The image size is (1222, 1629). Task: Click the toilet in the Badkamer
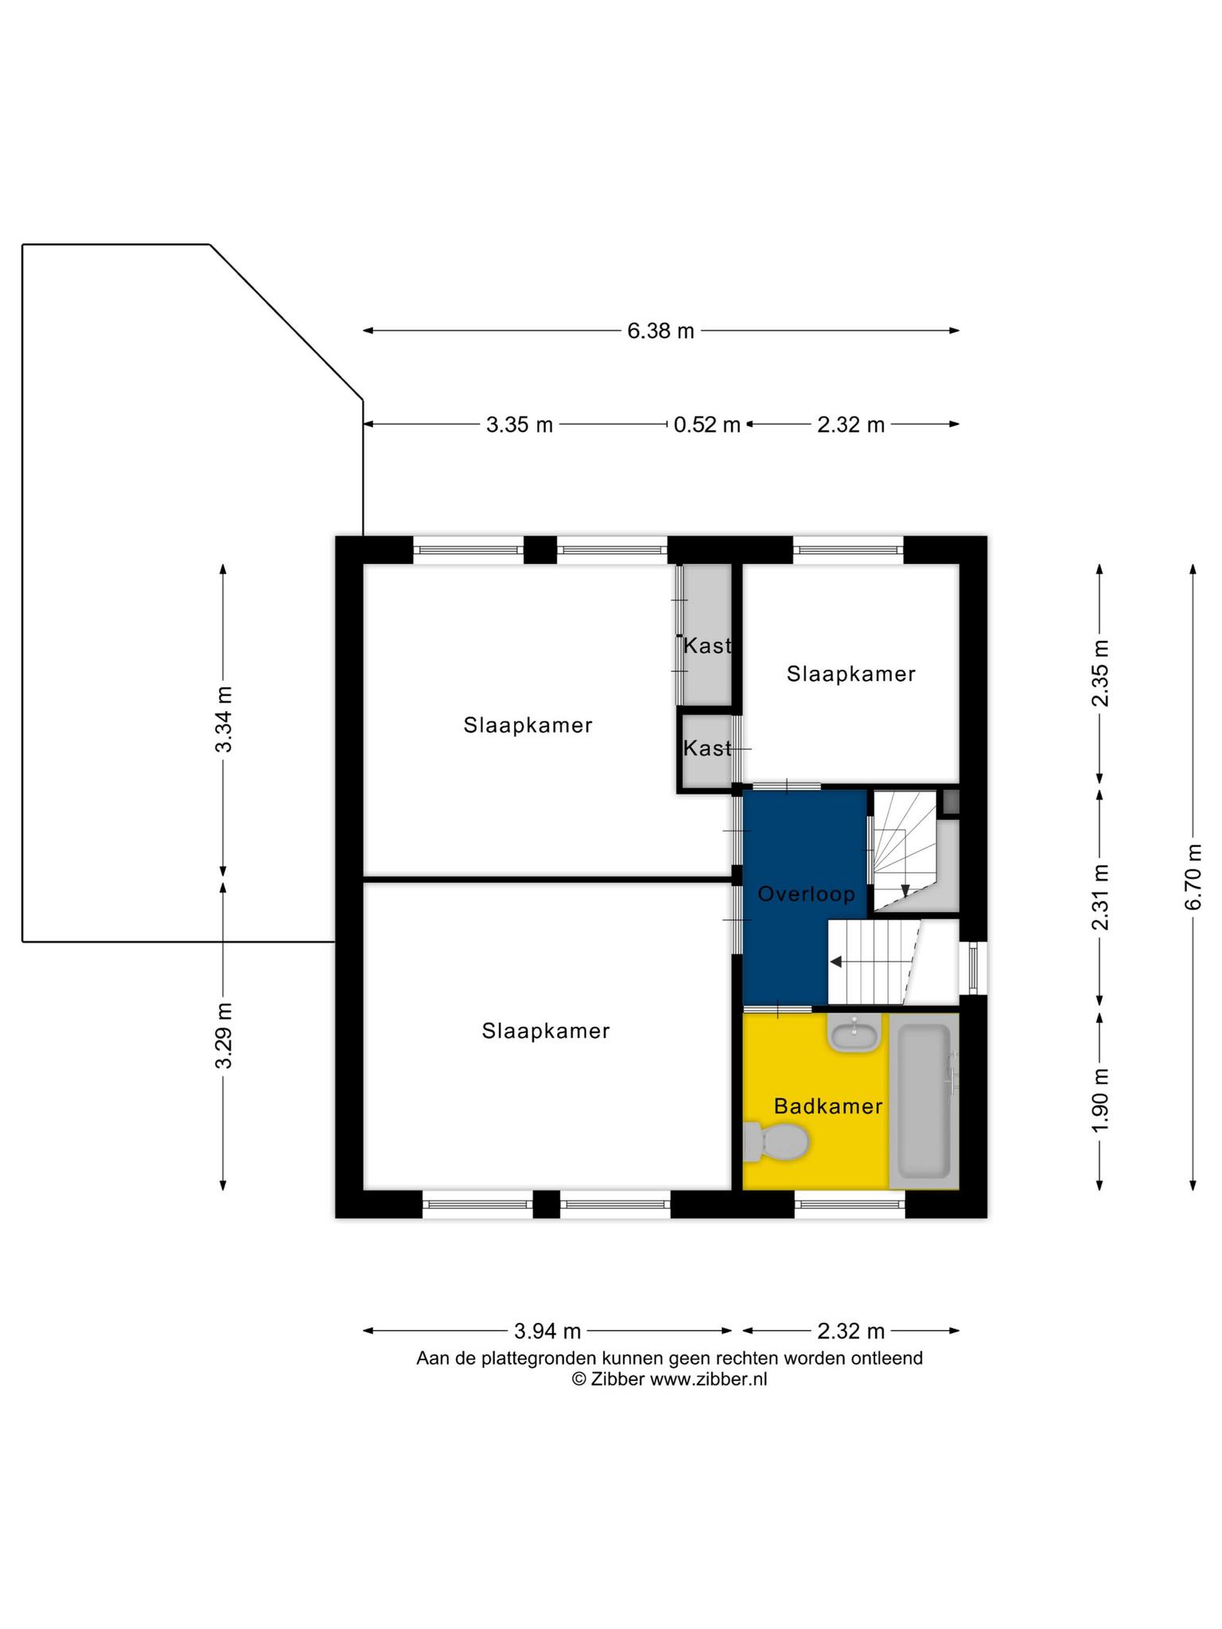tap(776, 1142)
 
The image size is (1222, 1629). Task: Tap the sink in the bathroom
tap(854, 1033)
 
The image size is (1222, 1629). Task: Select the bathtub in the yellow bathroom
tap(924, 1101)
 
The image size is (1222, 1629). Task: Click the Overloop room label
tap(806, 894)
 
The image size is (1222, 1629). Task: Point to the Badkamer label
tap(828, 1106)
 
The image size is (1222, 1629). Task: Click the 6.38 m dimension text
tap(660, 331)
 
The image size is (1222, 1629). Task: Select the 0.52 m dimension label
tap(706, 425)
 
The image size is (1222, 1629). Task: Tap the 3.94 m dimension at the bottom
tap(547, 1331)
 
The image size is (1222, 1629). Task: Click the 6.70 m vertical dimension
tap(1193, 877)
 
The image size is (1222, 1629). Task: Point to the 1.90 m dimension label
tap(1099, 1101)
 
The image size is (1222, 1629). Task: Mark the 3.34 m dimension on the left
tap(224, 719)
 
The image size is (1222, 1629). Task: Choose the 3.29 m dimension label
tap(224, 1036)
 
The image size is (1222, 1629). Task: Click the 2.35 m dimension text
tap(1099, 673)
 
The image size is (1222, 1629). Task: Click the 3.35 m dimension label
tap(520, 425)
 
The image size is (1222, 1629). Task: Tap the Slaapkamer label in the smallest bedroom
tap(851, 675)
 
